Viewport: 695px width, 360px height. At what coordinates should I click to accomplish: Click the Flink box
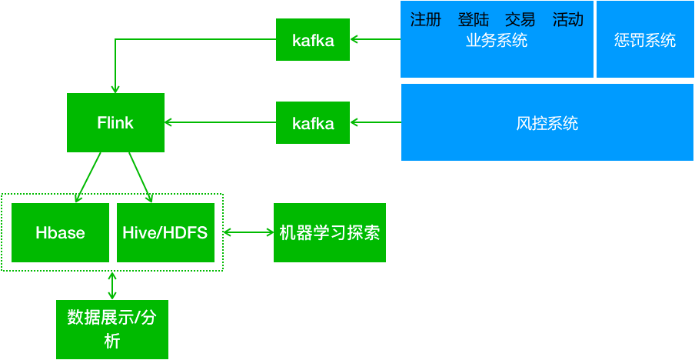[x=115, y=122]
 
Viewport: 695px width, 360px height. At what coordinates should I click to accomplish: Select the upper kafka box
[x=313, y=40]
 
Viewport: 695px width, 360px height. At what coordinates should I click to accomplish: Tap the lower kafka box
[x=313, y=122]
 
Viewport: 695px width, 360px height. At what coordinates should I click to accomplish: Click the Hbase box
[x=60, y=232]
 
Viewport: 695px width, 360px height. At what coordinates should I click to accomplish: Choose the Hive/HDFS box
[x=165, y=232]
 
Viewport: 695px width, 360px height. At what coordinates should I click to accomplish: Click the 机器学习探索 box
[x=329, y=232]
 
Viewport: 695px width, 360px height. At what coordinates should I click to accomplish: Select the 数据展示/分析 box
[x=112, y=329]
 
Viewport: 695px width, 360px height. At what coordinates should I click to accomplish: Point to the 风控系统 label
[x=547, y=123]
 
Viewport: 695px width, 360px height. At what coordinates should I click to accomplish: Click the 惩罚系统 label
[x=645, y=40]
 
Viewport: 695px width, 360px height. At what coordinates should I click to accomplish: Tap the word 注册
[x=426, y=20]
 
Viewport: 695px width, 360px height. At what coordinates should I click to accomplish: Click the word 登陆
[x=473, y=20]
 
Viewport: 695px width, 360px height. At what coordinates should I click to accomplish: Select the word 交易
[x=520, y=20]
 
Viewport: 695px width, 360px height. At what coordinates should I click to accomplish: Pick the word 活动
[x=567, y=20]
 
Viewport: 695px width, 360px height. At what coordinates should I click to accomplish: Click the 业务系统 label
[x=497, y=41]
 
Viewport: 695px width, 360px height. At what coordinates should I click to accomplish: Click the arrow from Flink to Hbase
[x=88, y=177]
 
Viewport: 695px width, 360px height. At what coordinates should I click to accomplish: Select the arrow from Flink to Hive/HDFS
[x=141, y=177]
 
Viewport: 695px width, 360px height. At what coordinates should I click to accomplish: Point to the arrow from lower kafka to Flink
[x=220, y=122]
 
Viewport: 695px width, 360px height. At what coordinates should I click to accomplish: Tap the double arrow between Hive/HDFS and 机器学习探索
[x=248, y=232]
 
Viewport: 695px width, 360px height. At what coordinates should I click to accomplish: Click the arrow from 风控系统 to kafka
[x=375, y=122]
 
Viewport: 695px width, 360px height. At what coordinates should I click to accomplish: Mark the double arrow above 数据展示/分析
[x=112, y=285]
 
